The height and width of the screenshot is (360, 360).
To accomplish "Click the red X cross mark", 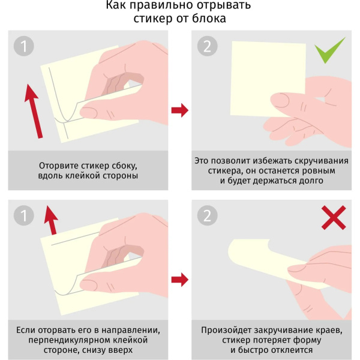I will (x=334, y=218).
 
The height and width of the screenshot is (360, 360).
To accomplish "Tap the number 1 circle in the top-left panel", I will (x=25, y=46).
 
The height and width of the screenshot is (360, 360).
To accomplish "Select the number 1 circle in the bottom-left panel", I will (x=25, y=215).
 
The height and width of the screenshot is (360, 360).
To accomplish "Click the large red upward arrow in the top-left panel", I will (x=34, y=111).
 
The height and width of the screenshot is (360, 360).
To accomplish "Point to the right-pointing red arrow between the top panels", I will (x=180, y=110).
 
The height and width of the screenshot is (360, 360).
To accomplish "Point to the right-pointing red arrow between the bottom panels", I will (x=180, y=279).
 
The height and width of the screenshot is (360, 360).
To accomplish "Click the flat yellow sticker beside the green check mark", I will (x=267, y=75).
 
